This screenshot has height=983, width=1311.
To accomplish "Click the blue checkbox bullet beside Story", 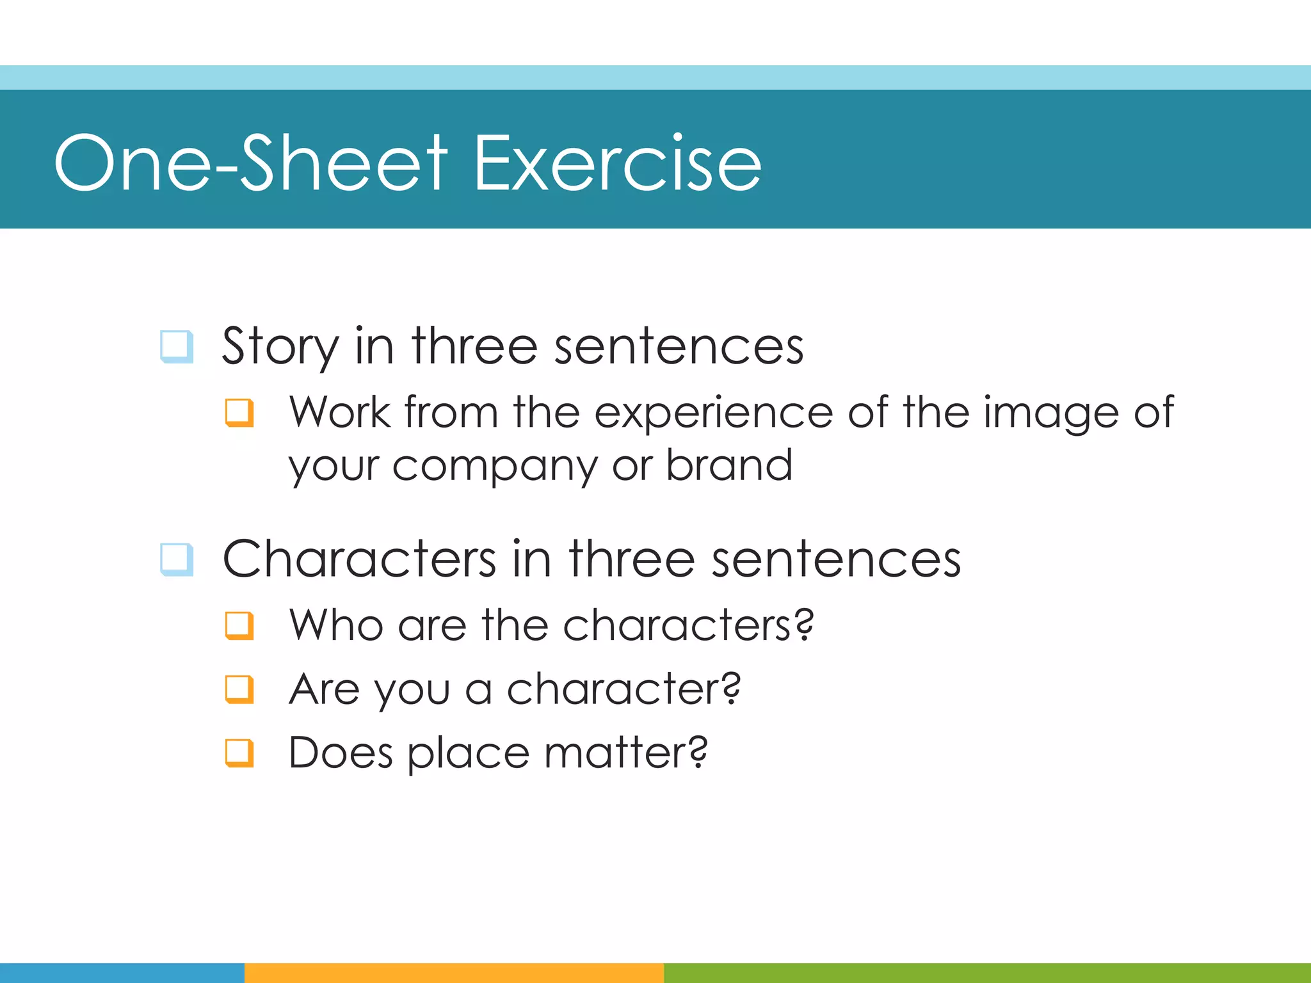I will tap(177, 346).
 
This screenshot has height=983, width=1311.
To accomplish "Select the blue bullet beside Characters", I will tap(177, 559).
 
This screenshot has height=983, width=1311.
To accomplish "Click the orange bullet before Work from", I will tap(239, 412).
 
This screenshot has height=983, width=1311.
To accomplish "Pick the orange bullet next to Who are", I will tap(239, 625).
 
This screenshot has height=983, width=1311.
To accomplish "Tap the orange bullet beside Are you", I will tap(239, 689).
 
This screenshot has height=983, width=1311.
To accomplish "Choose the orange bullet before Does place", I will tap(239, 753).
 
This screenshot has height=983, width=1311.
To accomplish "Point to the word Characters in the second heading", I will tap(359, 559).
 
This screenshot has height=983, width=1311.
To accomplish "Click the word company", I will tap(494, 466).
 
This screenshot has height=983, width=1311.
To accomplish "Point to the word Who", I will tap(336, 625).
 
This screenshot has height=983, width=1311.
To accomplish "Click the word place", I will tap(469, 754).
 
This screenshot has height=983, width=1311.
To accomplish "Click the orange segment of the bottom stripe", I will tap(454, 973).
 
